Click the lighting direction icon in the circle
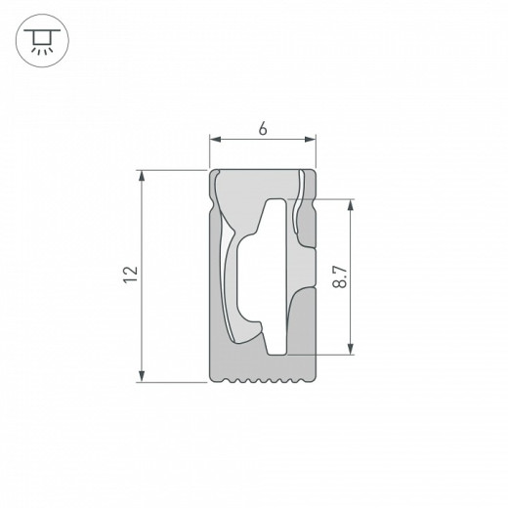coord(40,40)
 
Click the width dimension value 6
coord(264,128)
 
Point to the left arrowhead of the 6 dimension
coord(216,142)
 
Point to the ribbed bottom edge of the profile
coord(264,380)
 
